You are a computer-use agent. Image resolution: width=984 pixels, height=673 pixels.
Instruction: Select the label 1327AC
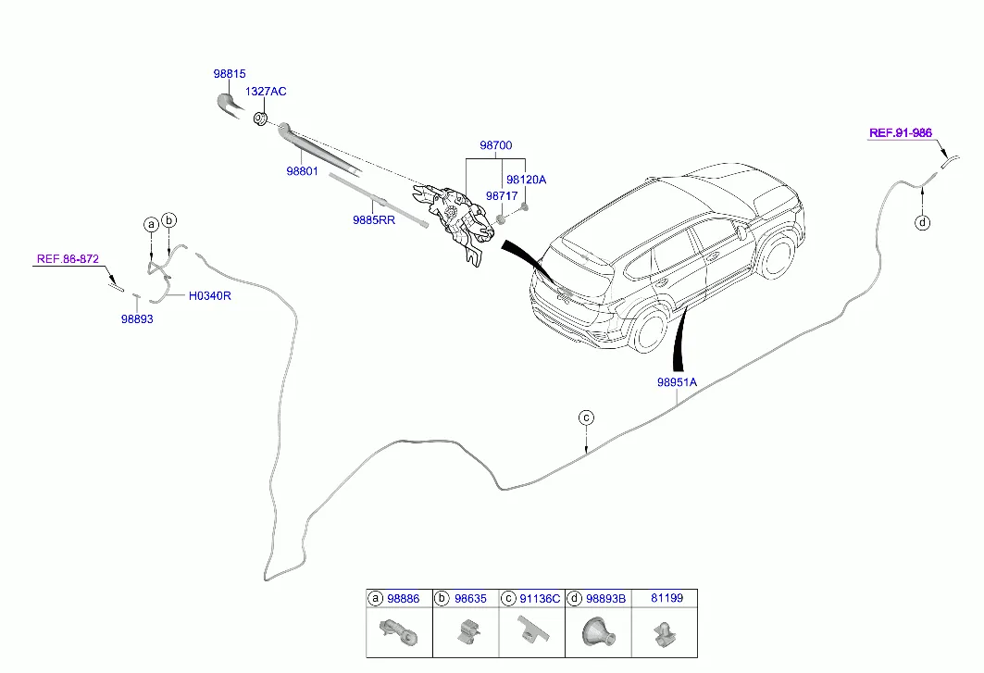(x=265, y=92)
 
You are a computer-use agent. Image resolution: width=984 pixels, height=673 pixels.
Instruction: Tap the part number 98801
(x=302, y=171)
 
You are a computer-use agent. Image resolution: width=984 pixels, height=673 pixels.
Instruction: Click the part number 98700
(x=495, y=145)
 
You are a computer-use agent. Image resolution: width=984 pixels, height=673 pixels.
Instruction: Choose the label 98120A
(x=526, y=180)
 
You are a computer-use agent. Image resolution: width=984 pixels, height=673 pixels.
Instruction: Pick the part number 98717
(x=502, y=196)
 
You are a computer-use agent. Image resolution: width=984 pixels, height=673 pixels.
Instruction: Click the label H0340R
(x=209, y=297)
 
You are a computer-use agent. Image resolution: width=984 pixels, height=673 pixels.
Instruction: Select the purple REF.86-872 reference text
(x=68, y=259)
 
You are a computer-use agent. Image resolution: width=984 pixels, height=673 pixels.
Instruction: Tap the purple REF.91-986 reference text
(x=900, y=132)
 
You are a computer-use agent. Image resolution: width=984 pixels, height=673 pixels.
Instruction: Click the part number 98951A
(x=677, y=381)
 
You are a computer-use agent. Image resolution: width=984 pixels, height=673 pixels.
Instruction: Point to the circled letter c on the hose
(x=586, y=418)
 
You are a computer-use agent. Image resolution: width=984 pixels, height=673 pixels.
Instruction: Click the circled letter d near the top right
(x=922, y=222)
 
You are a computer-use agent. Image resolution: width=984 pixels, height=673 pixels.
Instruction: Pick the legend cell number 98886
(x=403, y=599)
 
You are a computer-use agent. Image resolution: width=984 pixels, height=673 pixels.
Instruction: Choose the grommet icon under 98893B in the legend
(x=594, y=632)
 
